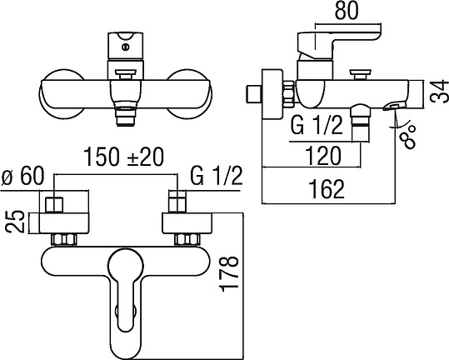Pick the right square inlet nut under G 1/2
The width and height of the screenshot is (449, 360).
(177, 202)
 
